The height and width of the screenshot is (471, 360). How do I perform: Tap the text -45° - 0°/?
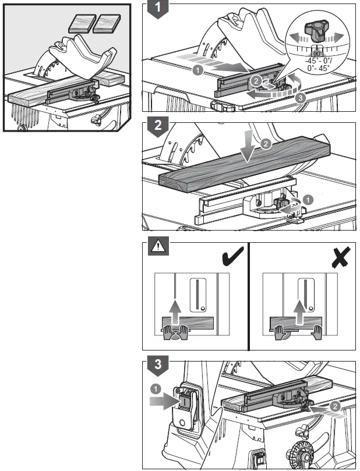[x=318, y=60]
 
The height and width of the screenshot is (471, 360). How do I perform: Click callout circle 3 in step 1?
[x=300, y=98]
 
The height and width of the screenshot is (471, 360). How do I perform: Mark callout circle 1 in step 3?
[x=156, y=387]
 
